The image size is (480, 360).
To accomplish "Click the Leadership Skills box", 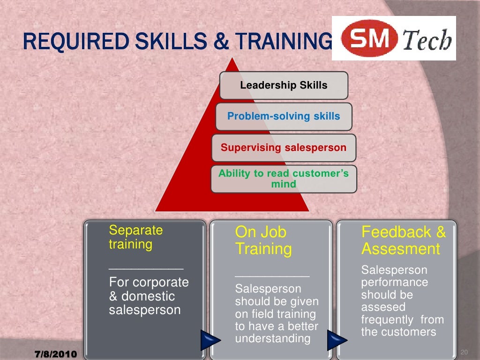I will tap(284, 85).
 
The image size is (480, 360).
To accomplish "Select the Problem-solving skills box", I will tap(284, 116).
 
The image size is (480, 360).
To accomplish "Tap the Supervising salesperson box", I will tap(284, 148).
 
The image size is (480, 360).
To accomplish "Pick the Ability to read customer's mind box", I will tap(284, 179).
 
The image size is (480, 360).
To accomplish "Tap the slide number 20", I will tap(465, 352).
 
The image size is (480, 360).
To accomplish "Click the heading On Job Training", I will tap(263, 240).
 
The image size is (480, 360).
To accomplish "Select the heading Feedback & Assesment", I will tap(403, 240).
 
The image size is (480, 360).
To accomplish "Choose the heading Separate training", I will tap(135, 237).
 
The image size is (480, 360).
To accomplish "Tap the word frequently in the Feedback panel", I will tap(387, 320).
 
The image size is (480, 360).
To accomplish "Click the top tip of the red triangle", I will tap(231, 59).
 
